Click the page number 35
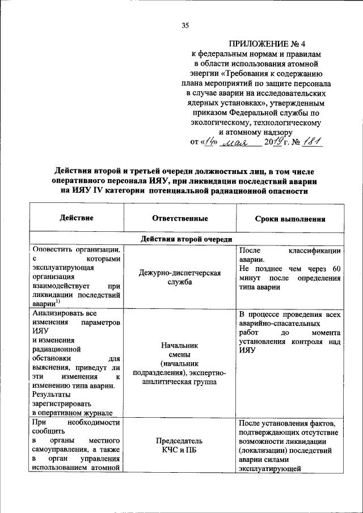coord(185,26)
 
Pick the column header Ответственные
coord(180,218)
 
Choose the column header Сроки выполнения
coord(290,218)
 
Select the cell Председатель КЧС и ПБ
coord(180,445)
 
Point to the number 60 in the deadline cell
coord(336,269)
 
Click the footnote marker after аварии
coord(58,302)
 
